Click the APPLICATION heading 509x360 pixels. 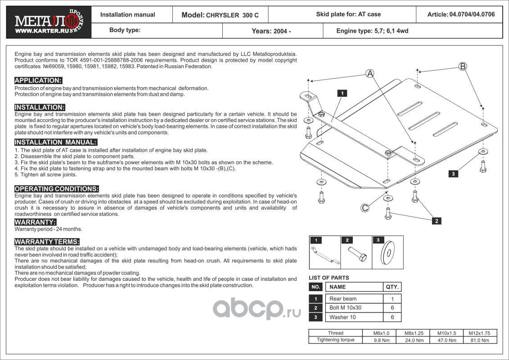point(38,81)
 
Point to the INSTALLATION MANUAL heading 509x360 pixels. point(56,142)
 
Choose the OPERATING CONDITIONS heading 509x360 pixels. point(57,189)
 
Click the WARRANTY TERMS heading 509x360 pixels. point(47,242)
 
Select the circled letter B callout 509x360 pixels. point(462,67)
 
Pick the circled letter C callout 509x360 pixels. point(365,207)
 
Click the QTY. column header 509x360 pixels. point(392,287)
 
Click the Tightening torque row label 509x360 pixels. point(336,340)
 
